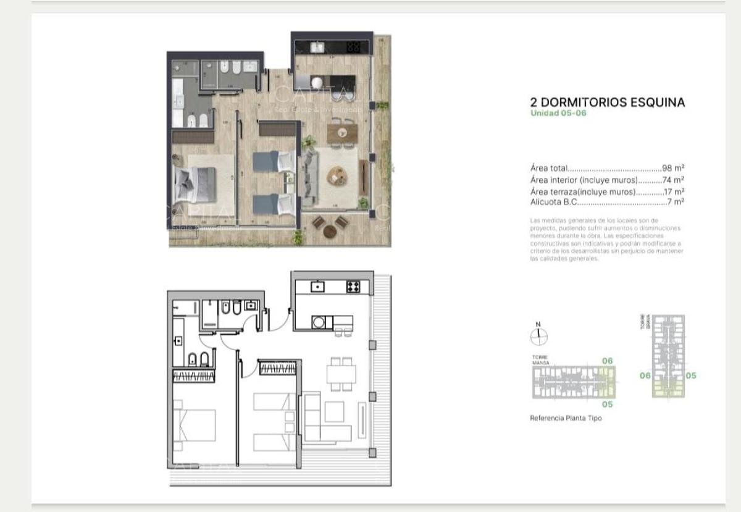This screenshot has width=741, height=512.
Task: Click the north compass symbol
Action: tap(538, 335)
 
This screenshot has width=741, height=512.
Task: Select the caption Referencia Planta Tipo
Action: tap(565, 418)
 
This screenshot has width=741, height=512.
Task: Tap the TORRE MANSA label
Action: tap(540, 359)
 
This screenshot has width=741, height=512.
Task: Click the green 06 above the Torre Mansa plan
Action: tap(607, 360)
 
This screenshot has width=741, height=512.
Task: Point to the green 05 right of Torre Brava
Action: tap(691, 375)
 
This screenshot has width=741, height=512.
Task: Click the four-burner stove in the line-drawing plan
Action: tap(353, 286)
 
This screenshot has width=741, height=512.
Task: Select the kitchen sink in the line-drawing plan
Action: tap(317, 286)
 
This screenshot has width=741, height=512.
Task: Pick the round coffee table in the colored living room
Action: tap(338, 176)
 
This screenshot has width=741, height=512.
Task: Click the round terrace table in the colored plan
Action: tap(330, 232)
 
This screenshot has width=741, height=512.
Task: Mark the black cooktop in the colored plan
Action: tap(354, 46)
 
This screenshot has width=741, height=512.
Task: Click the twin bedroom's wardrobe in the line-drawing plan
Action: tap(278, 368)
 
